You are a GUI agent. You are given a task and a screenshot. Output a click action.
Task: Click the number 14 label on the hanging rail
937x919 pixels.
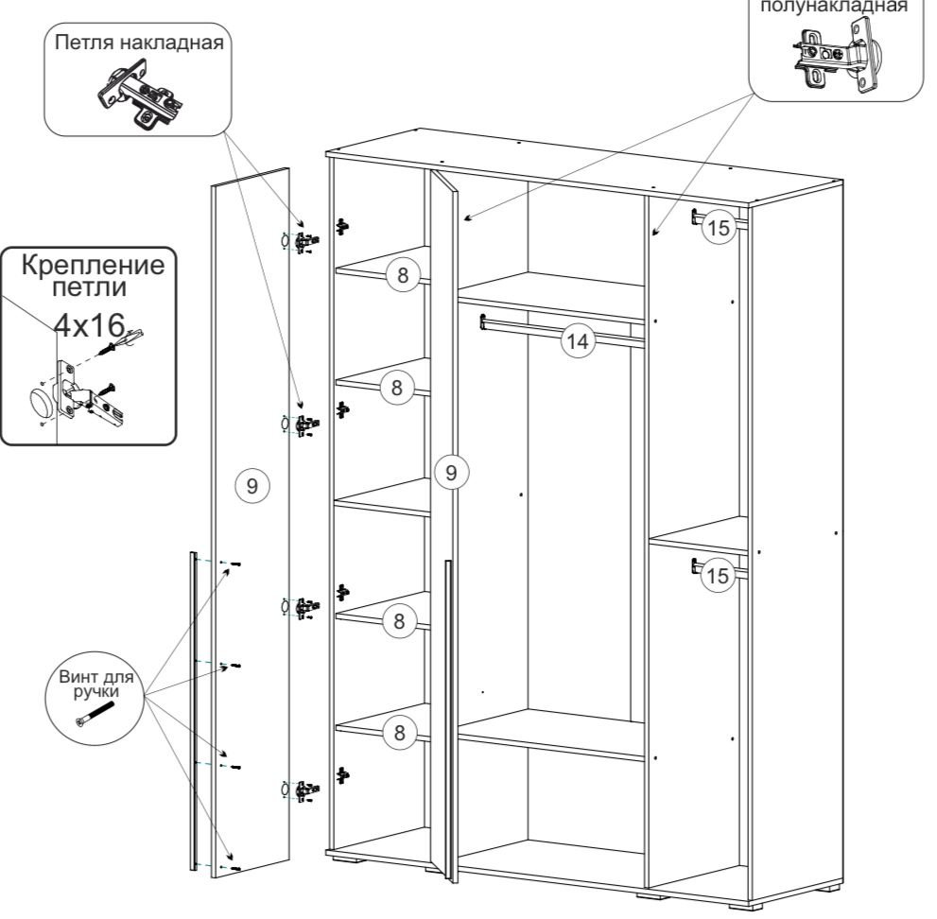[578, 341]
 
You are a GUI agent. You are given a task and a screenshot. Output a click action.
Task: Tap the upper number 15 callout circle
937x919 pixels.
[719, 227]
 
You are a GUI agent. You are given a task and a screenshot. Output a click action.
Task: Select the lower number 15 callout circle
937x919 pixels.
[717, 576]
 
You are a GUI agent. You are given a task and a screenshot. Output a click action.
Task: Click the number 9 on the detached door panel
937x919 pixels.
[252, 486]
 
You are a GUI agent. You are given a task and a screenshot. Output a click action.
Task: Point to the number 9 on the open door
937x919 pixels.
[451, 473]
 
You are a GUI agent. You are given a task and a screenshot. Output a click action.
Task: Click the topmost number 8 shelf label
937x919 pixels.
[403, 275]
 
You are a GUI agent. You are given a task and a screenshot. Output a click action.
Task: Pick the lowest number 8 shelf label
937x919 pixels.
[399, 733]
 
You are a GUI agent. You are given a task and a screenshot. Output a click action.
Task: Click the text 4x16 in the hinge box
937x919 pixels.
[89, 325]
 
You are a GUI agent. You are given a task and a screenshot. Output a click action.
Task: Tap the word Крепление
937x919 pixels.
[93, 265]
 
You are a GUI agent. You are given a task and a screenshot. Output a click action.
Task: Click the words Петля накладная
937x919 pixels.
[139, 43]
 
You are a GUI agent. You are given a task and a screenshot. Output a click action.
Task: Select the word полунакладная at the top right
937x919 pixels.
[834, 6]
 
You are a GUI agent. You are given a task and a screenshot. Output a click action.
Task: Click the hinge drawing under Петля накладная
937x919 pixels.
[141, 94]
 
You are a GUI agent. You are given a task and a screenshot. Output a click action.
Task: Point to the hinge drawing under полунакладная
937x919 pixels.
[836, 55]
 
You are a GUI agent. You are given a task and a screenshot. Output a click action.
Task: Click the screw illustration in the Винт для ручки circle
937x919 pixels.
[95, 714]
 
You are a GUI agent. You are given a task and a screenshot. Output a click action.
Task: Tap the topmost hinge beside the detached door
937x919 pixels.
[302, 241]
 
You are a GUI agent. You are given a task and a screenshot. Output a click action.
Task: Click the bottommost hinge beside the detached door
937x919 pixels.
[302, 790]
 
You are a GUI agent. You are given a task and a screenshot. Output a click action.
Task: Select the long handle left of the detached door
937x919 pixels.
[193, 711]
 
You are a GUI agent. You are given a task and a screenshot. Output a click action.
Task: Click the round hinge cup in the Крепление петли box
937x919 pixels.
[43, 402]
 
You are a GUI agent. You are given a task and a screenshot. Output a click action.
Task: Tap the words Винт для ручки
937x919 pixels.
[96, 685]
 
